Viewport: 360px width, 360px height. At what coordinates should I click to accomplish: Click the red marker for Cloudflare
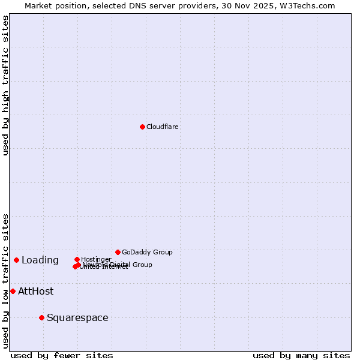pyautogui.click(x=142, y=127)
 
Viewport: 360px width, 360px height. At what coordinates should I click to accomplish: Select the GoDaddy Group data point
pyautogui.click(x=118, y=252)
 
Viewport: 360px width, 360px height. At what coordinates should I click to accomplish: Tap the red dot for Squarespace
pyautogui.click(x=41, y=317)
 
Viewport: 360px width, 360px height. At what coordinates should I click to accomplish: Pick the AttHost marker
pyautogui.click(x=13, y=291)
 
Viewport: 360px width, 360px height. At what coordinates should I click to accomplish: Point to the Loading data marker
pyautogui.click(x=16, y=260)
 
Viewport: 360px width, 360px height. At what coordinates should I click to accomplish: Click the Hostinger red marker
pyautogui.click(x=77, y=259)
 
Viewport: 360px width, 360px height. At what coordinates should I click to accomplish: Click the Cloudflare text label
pyautogui.click(x=163, y=127)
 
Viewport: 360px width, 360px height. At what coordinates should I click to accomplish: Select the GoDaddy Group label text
pyautogui.click(x=147, y=252)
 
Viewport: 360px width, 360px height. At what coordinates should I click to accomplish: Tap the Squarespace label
pyautogui.click(x=77, y=317)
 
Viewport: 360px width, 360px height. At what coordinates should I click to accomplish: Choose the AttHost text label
pyautogui.click(x=35, y=291)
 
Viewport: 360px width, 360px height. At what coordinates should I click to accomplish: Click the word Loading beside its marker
pyautogui.click(x=40, y=260)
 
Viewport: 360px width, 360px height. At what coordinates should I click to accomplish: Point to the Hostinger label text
pyautogui.click(x=96, y=259)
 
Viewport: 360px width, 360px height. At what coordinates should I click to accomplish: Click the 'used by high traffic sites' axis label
pyautogui.click(x=5, y=85)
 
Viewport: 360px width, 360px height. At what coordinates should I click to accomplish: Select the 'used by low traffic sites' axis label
pyautogui.click(x=5, y=280)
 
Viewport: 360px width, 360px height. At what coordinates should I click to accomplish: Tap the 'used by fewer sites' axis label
pyautogui.click(x=62, y=355)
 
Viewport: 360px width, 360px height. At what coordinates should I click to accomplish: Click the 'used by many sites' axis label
pyautogui.click(x=301, y=355)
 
